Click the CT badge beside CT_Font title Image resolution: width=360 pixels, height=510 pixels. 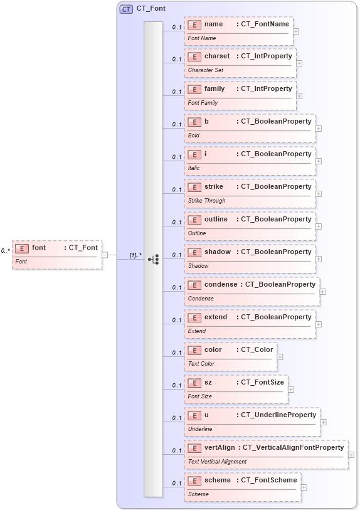click(x=126, y=9)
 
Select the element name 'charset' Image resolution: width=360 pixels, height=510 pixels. click(x=217, y=56)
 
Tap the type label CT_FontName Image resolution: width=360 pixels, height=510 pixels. click(x=265, y=24)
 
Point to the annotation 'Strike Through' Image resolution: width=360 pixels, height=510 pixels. click(x=206, y=201)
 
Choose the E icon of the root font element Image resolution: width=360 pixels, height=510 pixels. click(x=22, y=248)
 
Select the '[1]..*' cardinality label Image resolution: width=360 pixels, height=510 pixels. click(x=135, y=255)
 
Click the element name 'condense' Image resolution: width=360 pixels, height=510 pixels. click(x=221, y=284)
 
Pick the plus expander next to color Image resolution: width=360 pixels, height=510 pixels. click(x=280, y=356)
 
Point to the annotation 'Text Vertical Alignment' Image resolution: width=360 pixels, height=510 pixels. click(x=217, y=462)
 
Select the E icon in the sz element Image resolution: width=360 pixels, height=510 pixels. click(x=194, y=382)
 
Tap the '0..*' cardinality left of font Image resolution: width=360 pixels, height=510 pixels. click(x=6, y=251)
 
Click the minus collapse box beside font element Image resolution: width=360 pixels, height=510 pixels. click(x=105, y=255)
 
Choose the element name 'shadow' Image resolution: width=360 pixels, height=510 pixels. click(x=218, y=252)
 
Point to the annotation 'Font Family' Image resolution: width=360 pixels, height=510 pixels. click(x=203, y=103)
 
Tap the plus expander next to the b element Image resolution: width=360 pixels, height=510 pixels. click(x=319, y=128)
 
